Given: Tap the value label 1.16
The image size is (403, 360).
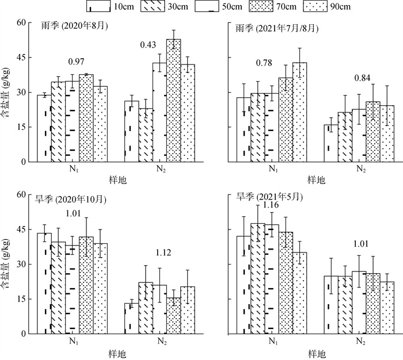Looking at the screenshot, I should pos(271,205).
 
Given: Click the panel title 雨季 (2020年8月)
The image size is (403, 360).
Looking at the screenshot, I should pos(75,27).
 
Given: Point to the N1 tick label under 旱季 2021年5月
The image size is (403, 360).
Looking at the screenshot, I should pos(272,342).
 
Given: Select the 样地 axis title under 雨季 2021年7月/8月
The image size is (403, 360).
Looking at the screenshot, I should pos(316,180).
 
